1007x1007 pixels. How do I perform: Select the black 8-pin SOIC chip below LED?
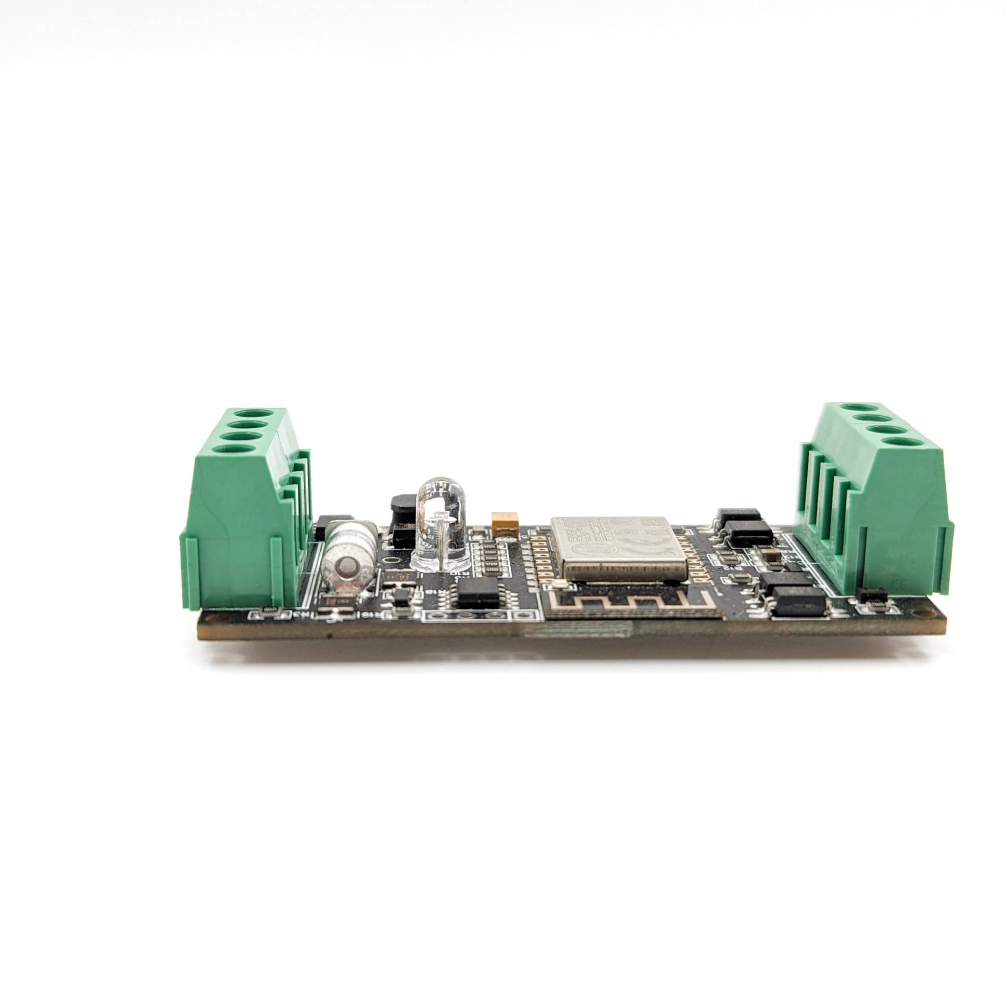(x=478, y=594)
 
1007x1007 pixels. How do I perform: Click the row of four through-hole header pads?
(x=466, y=617)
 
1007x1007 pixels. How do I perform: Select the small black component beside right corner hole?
(x=873, y=594)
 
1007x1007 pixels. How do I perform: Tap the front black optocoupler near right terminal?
(x=799, y=601)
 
